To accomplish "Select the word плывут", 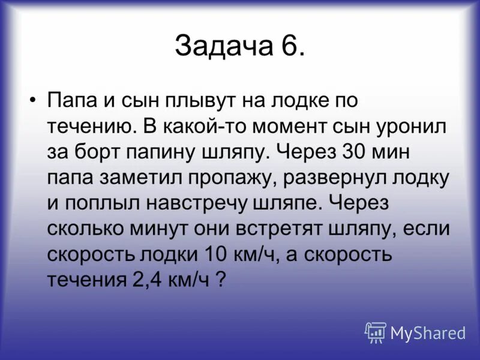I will (188, 101).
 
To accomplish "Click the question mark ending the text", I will (220, 281).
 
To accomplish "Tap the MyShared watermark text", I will (428, 332).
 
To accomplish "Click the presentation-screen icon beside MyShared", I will (376, 332).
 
